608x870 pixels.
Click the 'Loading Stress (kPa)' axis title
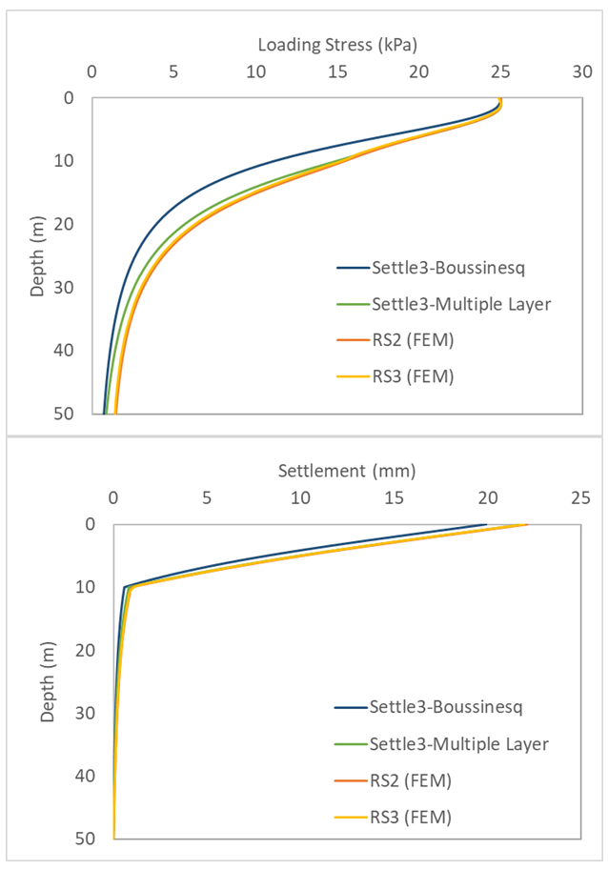point(338,45)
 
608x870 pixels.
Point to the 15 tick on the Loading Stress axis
point(336,71)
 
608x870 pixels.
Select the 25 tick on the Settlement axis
point(581,497)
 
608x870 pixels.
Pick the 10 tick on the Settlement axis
point(300,497)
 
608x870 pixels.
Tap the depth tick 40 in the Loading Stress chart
point(68,351)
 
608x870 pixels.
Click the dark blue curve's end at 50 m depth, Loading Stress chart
point(104,414)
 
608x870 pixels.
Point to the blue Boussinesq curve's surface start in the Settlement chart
point(486,524)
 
